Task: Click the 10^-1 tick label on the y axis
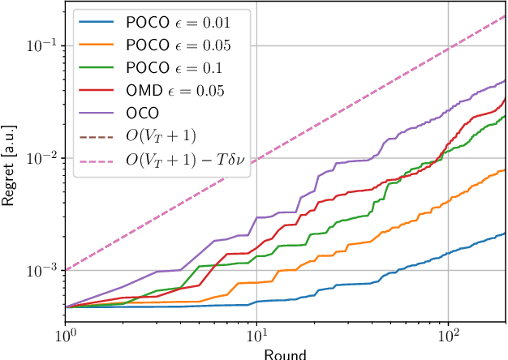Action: (x=41, y=46)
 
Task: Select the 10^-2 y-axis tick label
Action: (x=41, y=158)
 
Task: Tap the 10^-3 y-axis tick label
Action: (x=41, y=270)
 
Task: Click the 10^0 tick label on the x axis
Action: (x=65, y=336)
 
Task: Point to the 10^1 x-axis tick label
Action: (x=256, y=336)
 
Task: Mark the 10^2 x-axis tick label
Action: (x=448, y=336)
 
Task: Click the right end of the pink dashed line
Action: (x=505, y=15)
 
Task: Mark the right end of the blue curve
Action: (x=505, y=234)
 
